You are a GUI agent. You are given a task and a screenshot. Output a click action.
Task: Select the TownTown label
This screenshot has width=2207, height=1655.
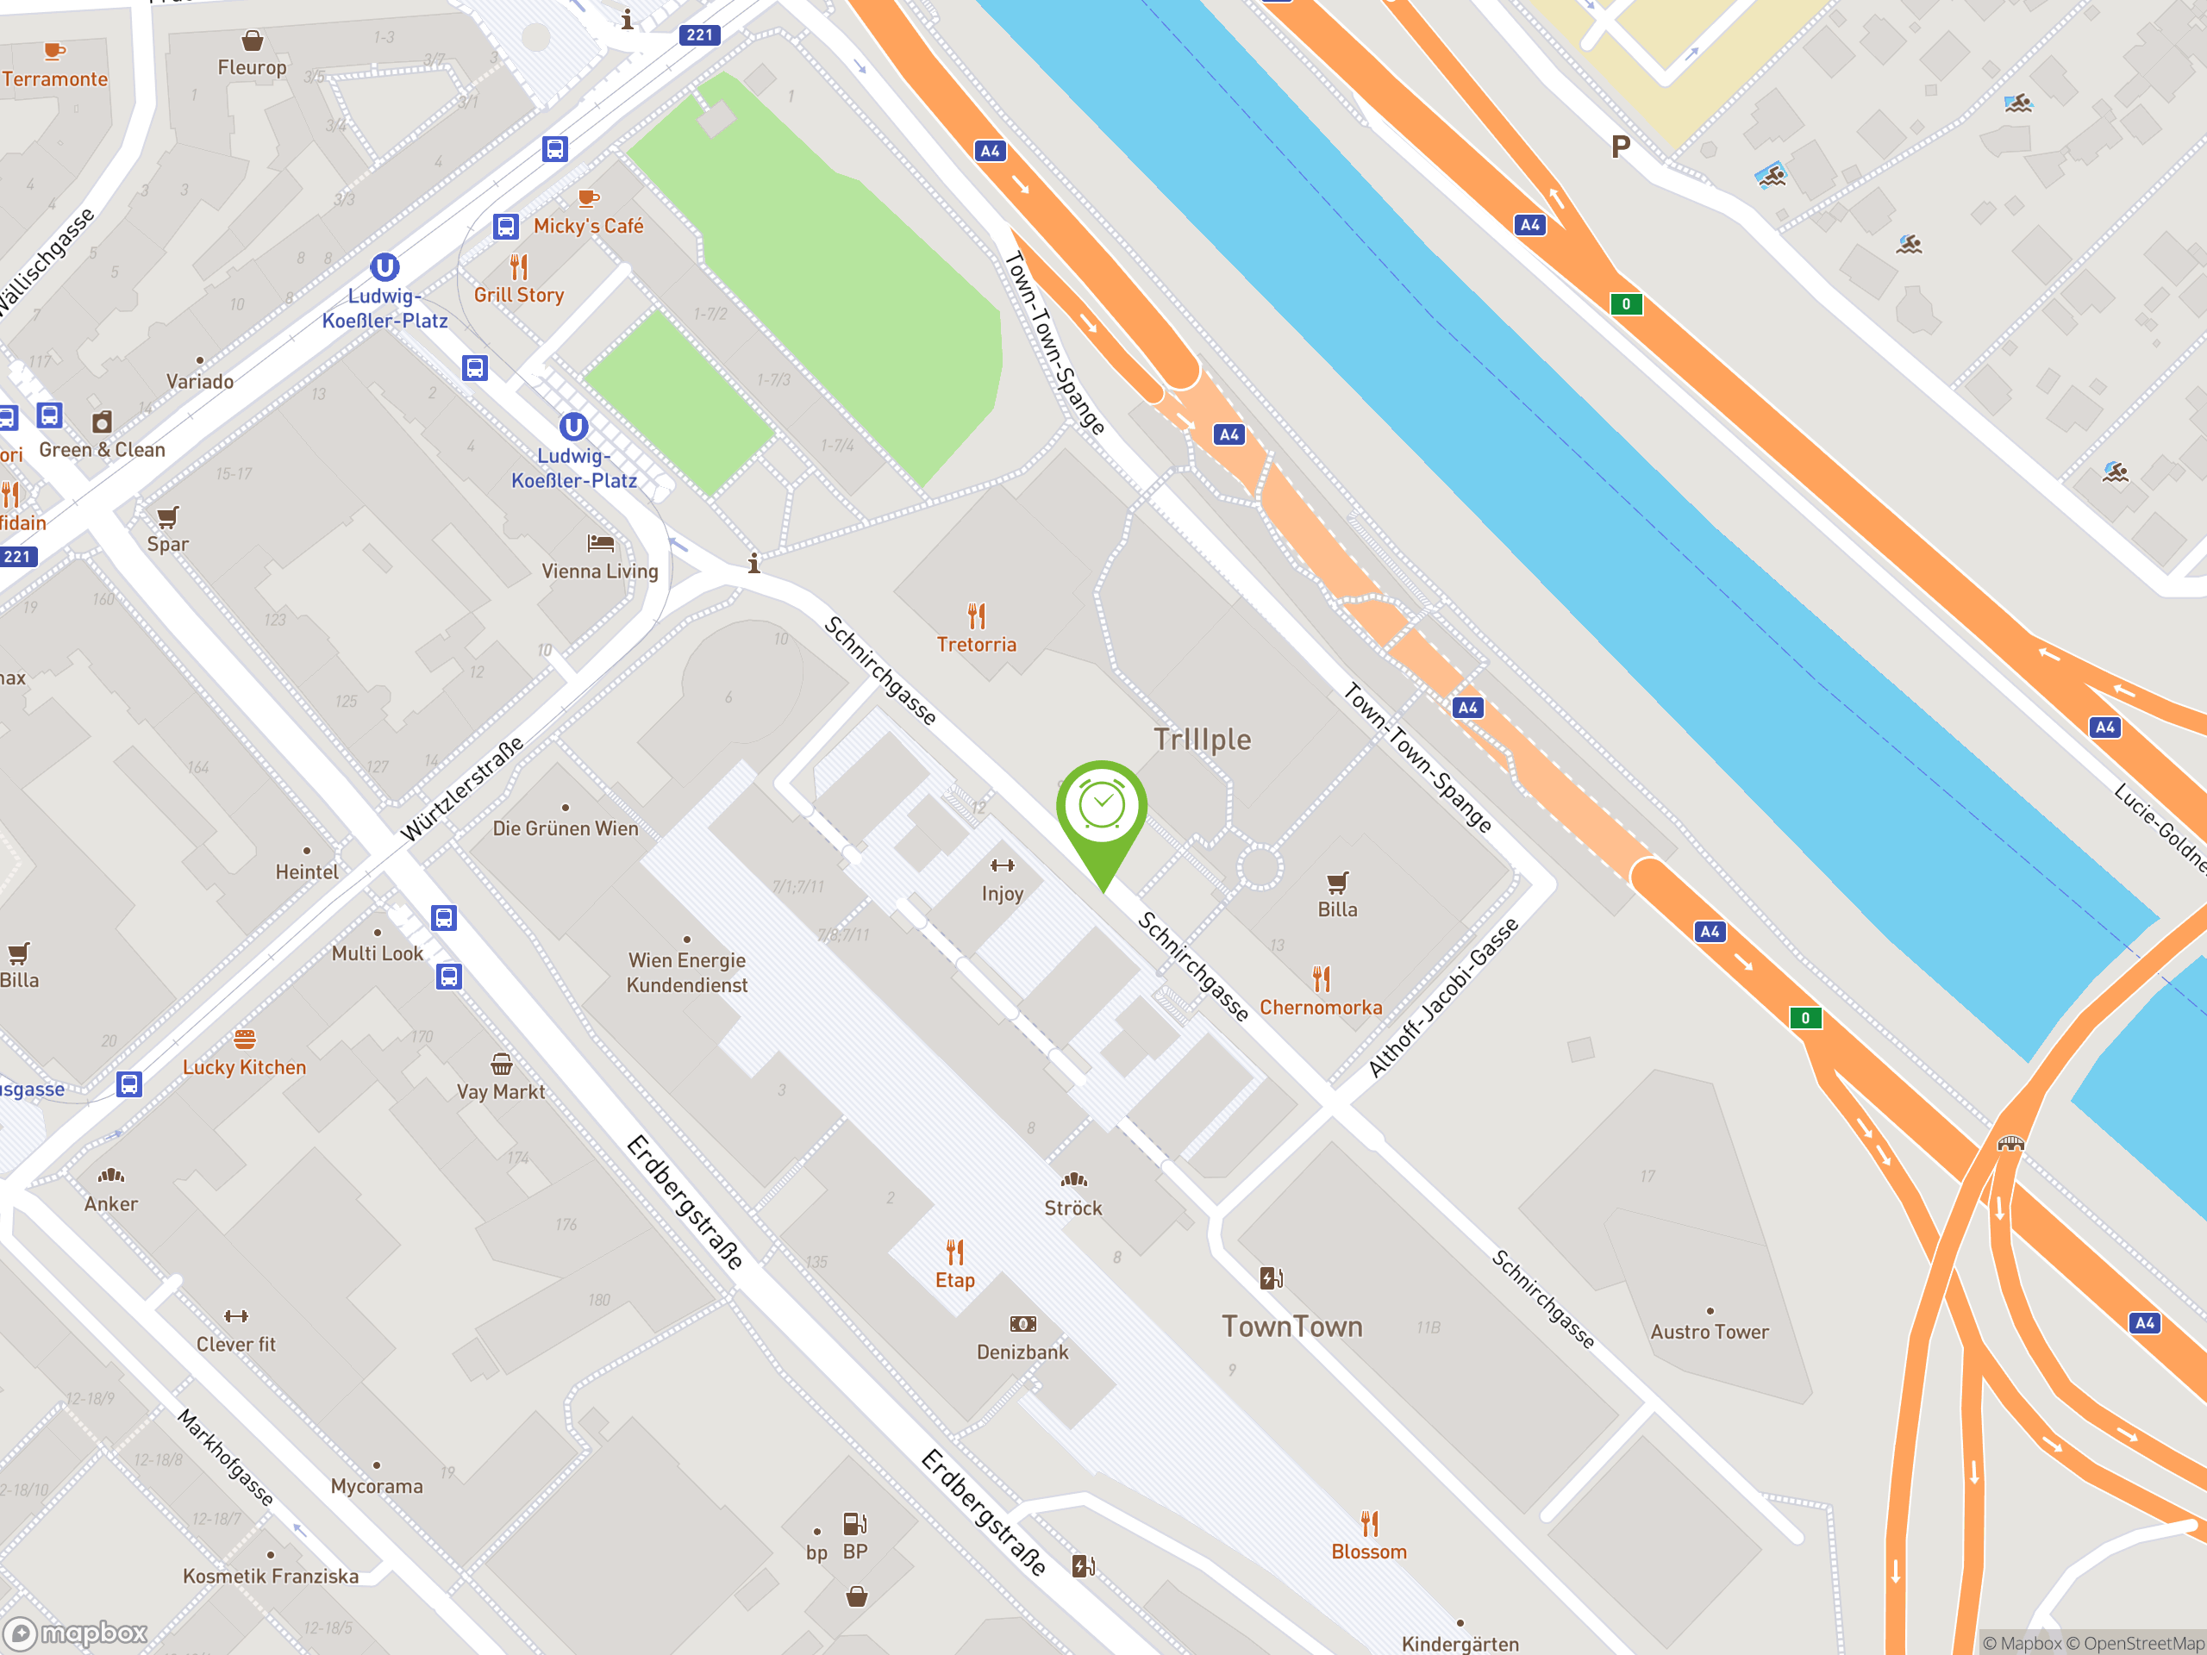[1292, 1327]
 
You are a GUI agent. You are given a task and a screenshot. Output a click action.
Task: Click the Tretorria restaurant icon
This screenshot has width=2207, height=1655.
[976, 615]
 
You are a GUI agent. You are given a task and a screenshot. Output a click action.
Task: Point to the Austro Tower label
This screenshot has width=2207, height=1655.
[1709, 1332]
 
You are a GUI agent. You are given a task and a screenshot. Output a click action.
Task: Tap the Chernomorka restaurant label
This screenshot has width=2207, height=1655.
[1320, 1008]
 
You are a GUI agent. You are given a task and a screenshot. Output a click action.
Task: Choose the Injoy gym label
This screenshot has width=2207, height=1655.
[1002, 894]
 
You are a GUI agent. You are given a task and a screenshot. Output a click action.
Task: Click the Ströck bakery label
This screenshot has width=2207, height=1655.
[1072, 1208]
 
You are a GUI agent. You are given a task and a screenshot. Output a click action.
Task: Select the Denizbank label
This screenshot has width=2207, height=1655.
[1022, 1352]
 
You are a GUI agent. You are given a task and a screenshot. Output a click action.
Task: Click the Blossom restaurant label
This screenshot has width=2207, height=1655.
[1369, 1552]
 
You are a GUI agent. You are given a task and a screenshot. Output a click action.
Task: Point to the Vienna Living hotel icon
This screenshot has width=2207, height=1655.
[601, 544]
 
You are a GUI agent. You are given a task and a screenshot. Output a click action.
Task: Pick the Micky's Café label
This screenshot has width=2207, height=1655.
[589, 227]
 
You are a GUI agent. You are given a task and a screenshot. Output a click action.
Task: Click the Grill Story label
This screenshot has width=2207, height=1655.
[519, 296]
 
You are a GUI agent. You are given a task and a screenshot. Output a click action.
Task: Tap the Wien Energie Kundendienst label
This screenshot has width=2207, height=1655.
[686, 972]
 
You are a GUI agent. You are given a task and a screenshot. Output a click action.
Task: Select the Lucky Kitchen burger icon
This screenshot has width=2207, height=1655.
[245, 1040]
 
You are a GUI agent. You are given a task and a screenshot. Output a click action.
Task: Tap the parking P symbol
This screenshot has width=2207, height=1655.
[1620, 147]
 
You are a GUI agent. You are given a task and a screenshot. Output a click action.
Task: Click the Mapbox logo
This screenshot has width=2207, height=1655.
[77, 1633]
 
